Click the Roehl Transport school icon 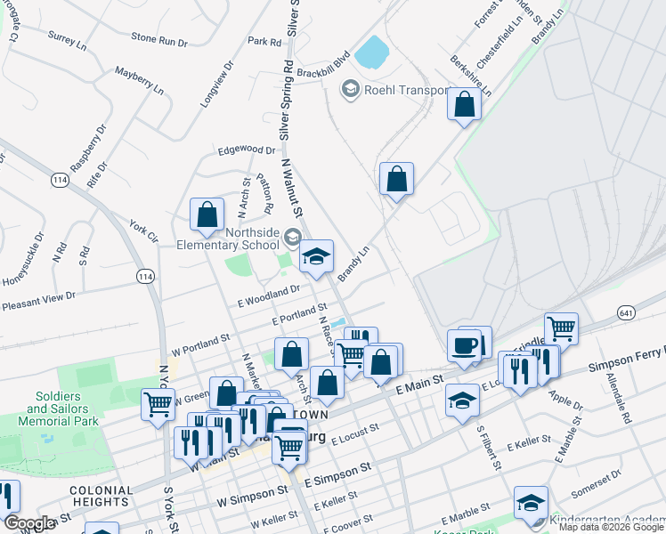(x=350, y=89)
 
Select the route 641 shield (x=627, y=312)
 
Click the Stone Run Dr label (x=159, y=39)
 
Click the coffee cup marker (x=463, y=346)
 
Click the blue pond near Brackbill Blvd (x=371, y=52)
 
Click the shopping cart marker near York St (x=158, y=405)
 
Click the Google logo (x=30, y=523)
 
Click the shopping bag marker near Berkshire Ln (x=464, y=104)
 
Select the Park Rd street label (x=264, y=41)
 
